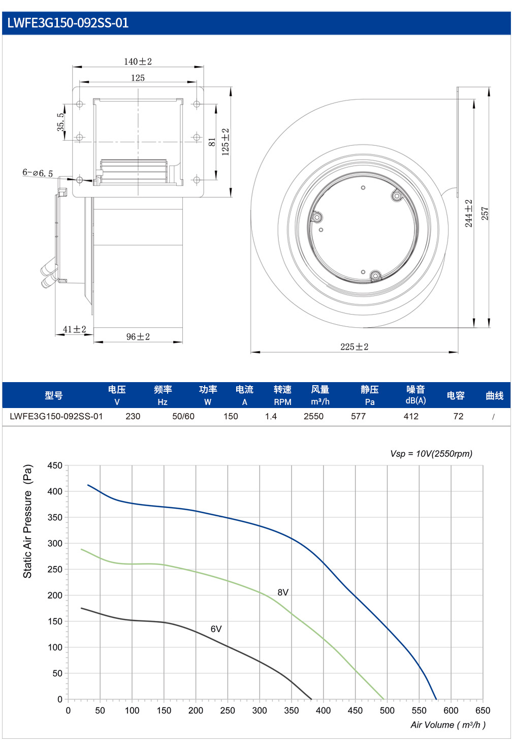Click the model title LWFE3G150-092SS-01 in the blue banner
68,23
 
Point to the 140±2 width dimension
138,61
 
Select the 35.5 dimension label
60,122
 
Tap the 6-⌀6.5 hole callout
38,173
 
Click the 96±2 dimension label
138,336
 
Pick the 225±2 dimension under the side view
355,347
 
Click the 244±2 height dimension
468,213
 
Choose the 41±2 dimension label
74,329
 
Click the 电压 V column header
117,395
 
